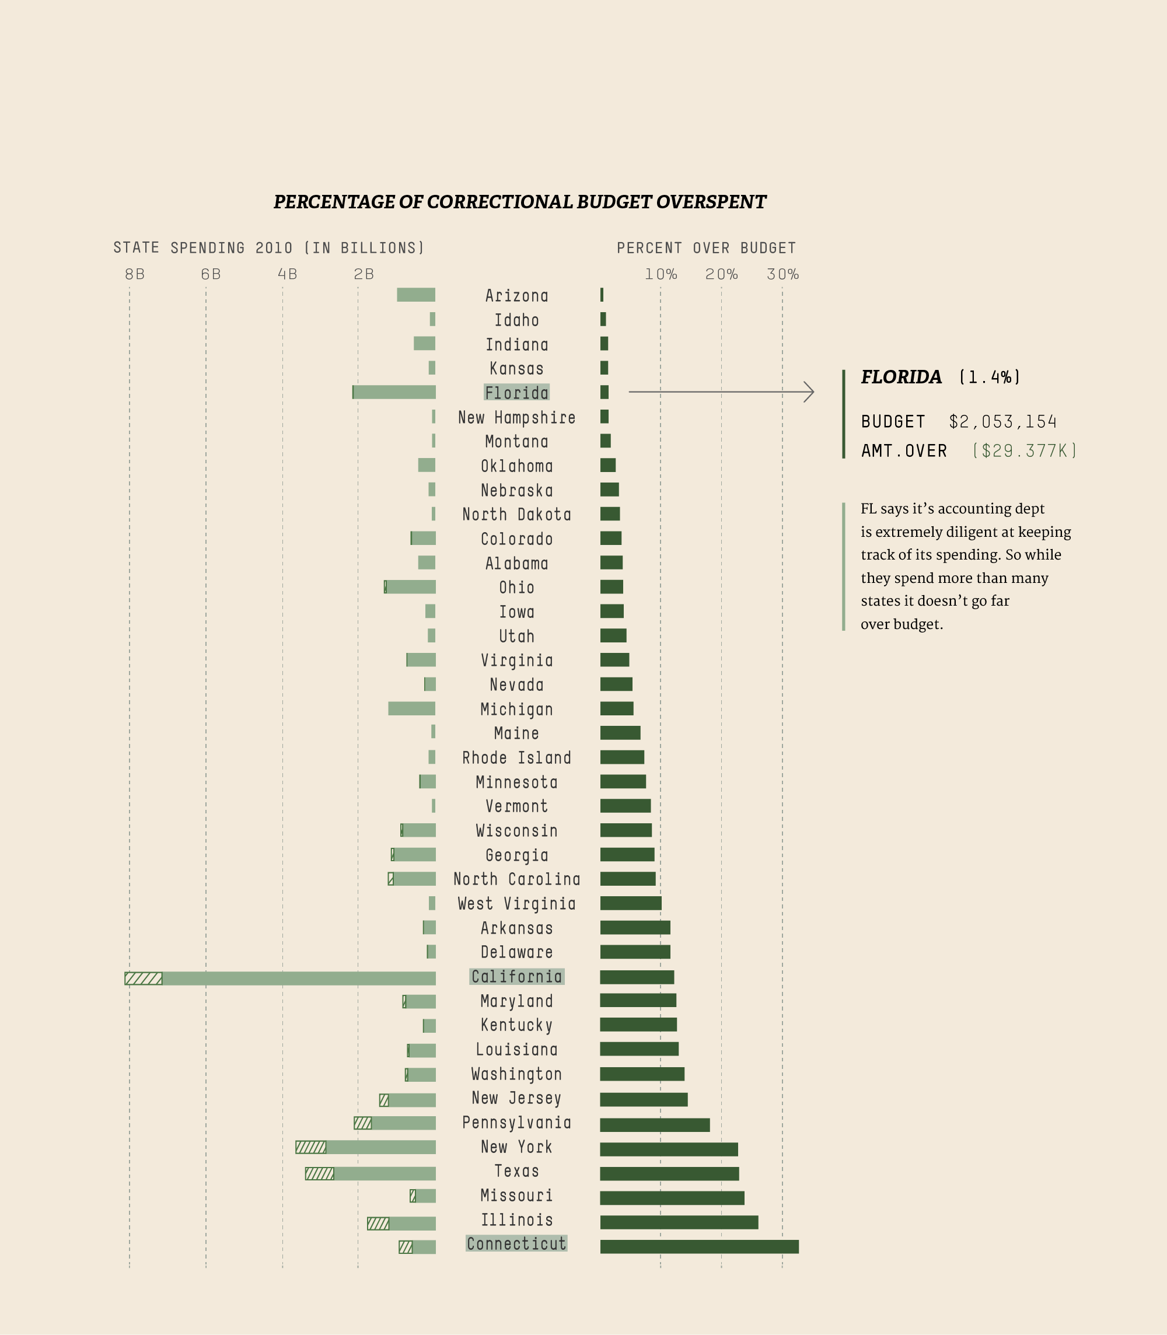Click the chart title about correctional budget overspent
pos(520,202)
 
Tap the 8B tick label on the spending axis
pos(135,274)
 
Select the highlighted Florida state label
pos(516,393)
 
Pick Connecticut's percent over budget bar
pos(699,1246)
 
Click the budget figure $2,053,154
pos(1002,422)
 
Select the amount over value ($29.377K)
pos(1025,450)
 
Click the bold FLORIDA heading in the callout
pos(902,377)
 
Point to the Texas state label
pos(516,1171)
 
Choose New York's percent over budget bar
pos(669,1149)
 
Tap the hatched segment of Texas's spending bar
pos(320,1173)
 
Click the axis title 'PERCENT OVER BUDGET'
pos(706,248)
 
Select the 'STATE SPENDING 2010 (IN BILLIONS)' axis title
pos(268,248)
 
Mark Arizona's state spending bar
pos(415,295)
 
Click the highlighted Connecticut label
pos(516,1244)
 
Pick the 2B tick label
pos(364,274)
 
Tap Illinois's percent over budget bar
pos(679,1222)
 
